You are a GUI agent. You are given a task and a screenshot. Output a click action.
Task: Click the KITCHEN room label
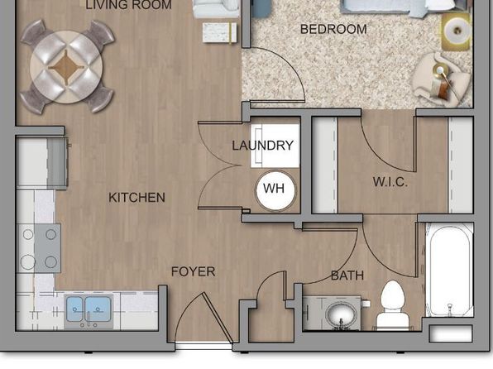pos(136,198)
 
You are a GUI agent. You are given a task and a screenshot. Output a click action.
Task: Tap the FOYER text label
pos(193,272)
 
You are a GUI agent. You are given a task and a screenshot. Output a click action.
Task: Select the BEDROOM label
pos(333,29)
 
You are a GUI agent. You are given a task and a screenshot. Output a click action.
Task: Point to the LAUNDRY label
pos(263,146)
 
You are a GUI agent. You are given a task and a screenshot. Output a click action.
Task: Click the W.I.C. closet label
pos(390,182)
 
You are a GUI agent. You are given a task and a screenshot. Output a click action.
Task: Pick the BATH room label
pos(347,276)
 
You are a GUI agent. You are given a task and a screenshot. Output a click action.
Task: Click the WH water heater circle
pos(275,190)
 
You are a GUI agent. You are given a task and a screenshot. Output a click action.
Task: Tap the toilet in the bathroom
pos(392,304)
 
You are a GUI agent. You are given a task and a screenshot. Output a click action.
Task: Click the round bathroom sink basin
pos(342,313)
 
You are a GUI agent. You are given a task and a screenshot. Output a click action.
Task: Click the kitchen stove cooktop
pos(39,248)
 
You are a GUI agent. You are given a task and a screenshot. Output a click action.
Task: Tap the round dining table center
pos(66,66)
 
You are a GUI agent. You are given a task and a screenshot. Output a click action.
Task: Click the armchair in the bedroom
pos(440,79)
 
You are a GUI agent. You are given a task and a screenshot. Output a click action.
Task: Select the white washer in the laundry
pos(275,146)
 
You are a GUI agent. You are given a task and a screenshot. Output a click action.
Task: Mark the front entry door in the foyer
pos(218,318)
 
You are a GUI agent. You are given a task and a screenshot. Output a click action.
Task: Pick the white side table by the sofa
pos(219,32)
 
